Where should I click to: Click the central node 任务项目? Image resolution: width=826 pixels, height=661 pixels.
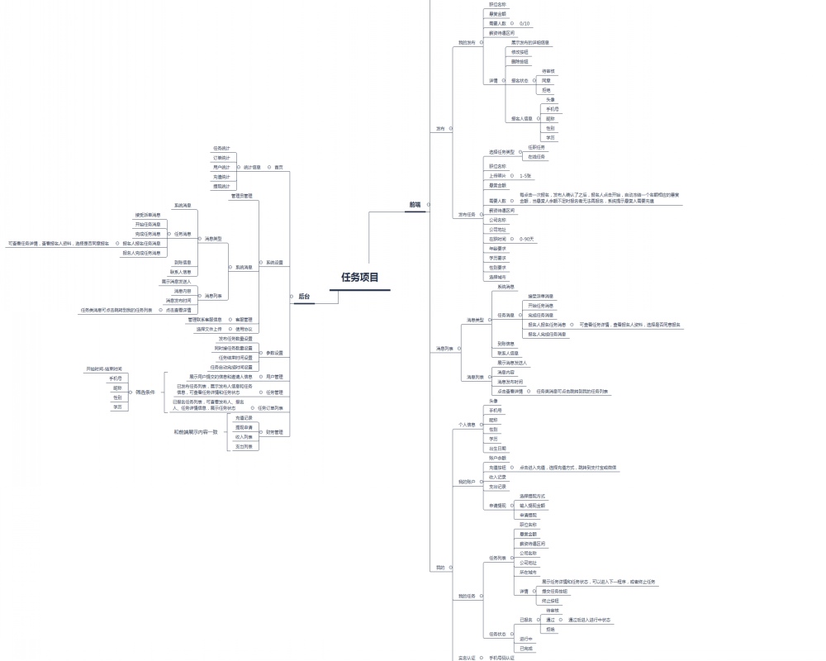click(x=360, y=278)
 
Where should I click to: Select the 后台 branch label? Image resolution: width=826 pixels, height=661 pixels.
click(x=304, y=296)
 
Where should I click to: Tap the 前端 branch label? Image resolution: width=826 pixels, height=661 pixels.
click(x=415, y=204)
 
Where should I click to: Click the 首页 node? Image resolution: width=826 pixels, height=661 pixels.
click(x=279, y=167)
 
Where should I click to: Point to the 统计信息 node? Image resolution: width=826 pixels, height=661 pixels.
click(x=252, y=167)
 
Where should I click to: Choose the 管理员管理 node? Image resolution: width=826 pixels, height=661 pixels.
click(x=241, y=196)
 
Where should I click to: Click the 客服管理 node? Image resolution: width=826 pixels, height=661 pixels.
click(x=244, y=319)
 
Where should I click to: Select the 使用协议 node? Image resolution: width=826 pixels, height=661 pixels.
click(x=244, y=329)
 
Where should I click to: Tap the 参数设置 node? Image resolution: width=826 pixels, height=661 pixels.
click(x=274, y=353)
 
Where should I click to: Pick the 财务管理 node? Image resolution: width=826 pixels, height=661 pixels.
click(x=274, y=432)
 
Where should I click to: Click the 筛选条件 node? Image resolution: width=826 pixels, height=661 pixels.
click(x=145, y=392)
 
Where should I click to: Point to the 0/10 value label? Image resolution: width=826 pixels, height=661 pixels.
click(x=525, y=24)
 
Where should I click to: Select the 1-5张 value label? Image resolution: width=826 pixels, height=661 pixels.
click(x=525, y=176)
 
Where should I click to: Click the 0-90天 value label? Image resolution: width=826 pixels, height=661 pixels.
click(x=527, y=239)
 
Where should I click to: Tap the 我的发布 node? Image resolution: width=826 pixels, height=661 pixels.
click(x=467, y=42)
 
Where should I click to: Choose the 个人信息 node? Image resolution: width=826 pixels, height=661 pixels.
click(x=467, y=425)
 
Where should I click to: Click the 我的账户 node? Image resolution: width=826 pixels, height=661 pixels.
click(x=467, y=482)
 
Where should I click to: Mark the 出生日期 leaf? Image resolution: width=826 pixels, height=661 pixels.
click(x=498, y=449)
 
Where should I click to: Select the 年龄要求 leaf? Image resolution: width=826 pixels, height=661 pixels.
click(x=498, y=249)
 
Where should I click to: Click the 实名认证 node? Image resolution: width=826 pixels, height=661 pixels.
click(x=467, y=659)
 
